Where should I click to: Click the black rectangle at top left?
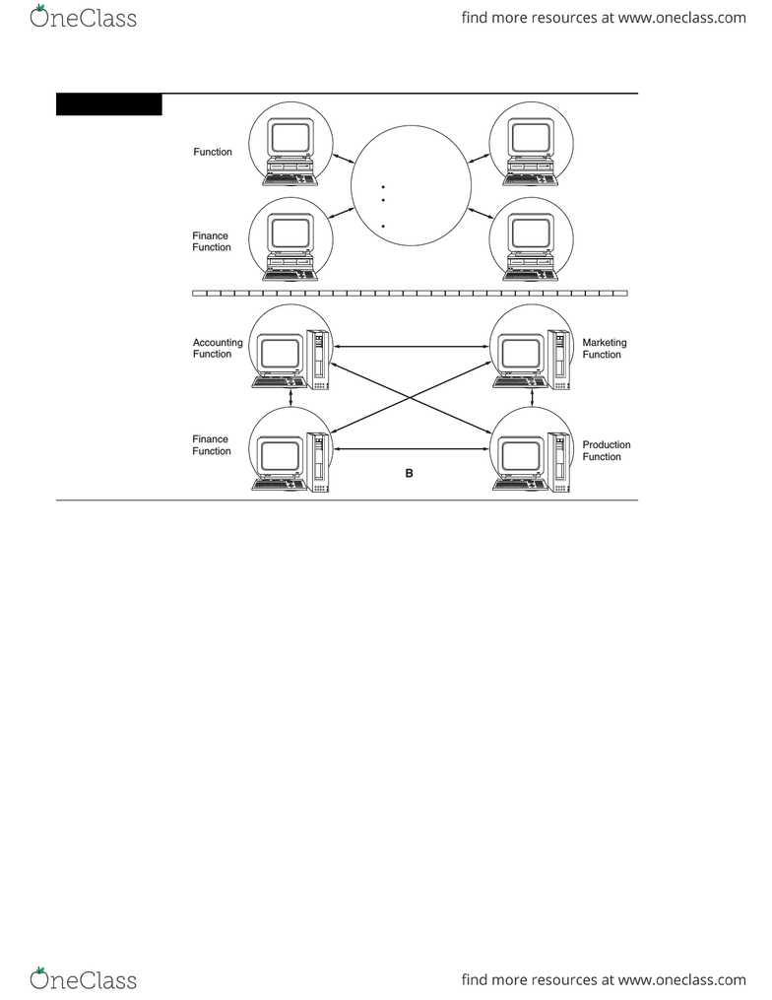click(x=109, y=104)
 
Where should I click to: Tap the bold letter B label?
click(x=410, y=473)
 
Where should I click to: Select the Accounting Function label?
click(x=218, y=348)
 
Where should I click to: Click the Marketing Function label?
click(x=605, y=349)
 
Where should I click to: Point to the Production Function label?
click(x=607, y=451)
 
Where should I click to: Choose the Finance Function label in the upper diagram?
click(x=212, y=241)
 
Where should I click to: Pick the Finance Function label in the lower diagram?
click(x=212, y=445)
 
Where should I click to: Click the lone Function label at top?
click(x=213, y=152)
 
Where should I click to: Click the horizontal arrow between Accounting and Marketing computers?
click(x=412, y=347)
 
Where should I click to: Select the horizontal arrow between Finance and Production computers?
click(x=412, y=449)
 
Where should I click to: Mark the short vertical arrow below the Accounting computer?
click(x=291, y=398)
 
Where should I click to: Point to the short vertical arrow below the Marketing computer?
click(x=533, y=398)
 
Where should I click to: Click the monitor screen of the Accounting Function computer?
click(x=280, y=354)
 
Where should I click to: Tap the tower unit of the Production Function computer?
click(x=558, y=462)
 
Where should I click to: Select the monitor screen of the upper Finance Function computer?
click(x=290, y=233)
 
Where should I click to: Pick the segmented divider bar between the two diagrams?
click(x=410, y=294)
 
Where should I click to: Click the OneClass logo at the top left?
click(x=83, y=17)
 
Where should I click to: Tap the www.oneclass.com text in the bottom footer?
click(x=682, y=979)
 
